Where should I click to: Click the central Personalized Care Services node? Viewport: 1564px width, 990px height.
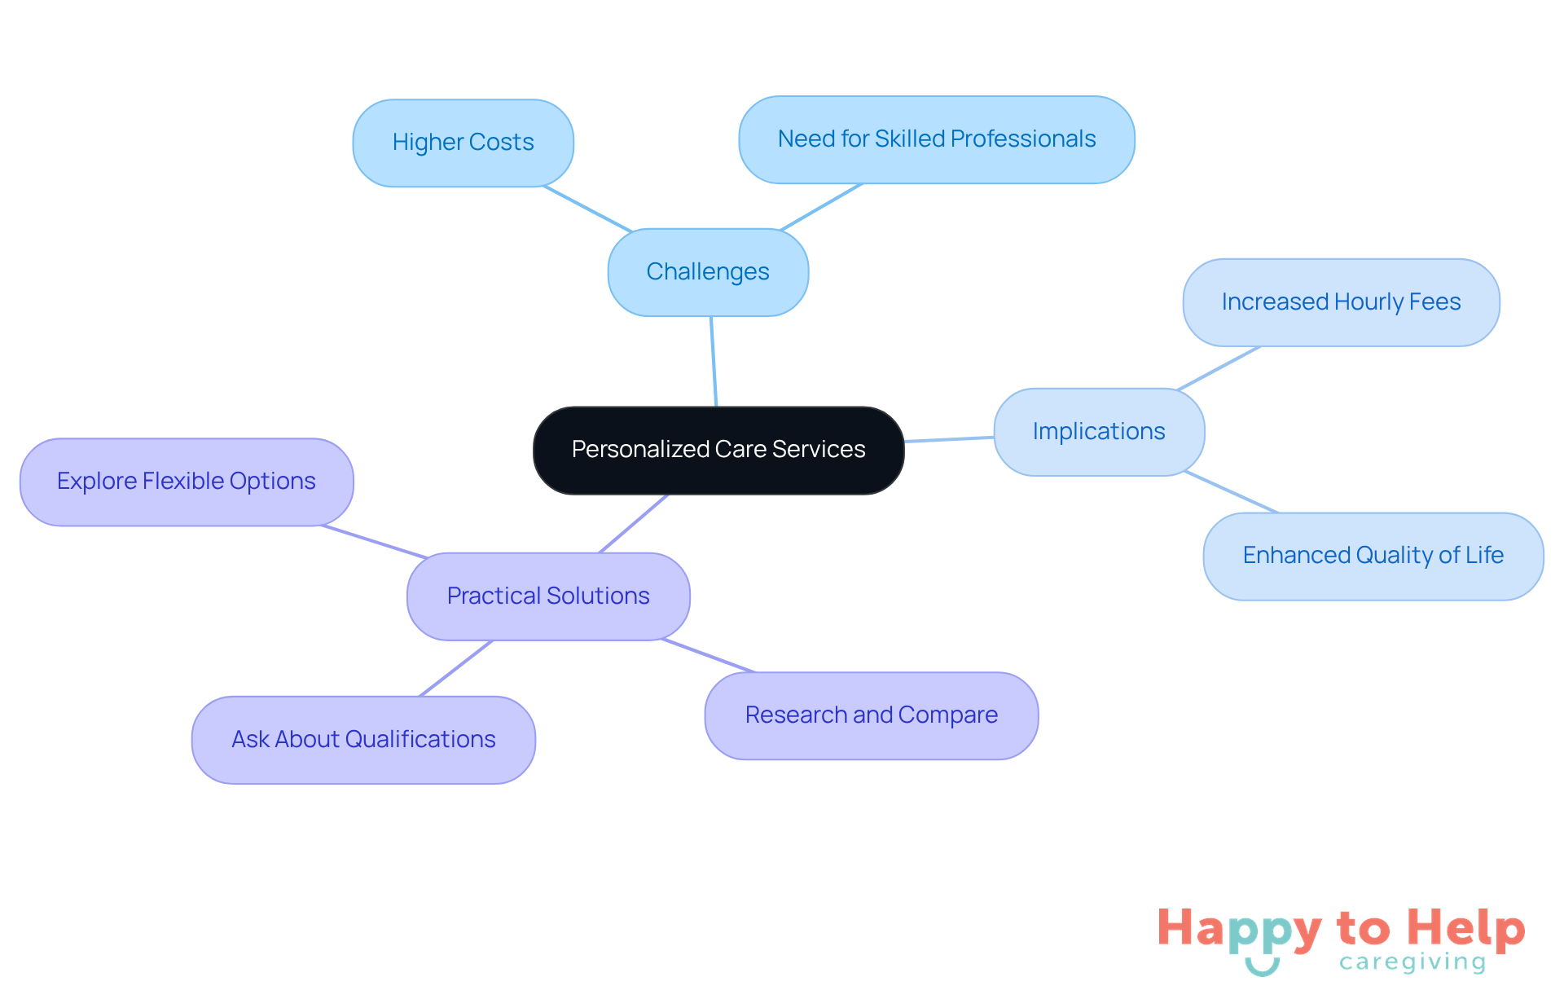[x=718, y=450]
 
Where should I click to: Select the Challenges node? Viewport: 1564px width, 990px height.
[x=708, y=272]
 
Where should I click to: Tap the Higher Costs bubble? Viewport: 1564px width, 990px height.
[x=463, y=143]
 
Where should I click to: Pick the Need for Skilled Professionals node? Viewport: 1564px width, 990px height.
[x=937, y=139]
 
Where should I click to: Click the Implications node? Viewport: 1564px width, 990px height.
[x=1099, y=432]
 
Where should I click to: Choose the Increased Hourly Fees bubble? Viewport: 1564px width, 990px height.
[x=1341, y=302]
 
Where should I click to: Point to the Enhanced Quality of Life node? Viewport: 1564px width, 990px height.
[x=1373, y=556]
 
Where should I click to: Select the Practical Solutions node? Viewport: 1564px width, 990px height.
[x=548, y=596]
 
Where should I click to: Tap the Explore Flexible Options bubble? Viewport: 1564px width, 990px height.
[x=187, y=482]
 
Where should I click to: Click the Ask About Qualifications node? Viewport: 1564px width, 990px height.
[x=363, y=740]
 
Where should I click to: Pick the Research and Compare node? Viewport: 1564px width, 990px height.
[x=872, y=715]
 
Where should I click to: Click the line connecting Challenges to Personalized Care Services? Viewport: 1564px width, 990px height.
[x=714, y=361]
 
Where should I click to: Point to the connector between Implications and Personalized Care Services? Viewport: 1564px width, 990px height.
[x=949, y=439]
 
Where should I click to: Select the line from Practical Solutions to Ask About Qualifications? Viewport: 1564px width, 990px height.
[x=456, y=668]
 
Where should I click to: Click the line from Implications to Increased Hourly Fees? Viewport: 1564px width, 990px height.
[x=1219, y=368]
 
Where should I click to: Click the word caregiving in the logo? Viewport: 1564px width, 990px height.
[x=1412, y=962]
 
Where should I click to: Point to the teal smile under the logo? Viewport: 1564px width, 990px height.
[x=1263, y=968]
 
